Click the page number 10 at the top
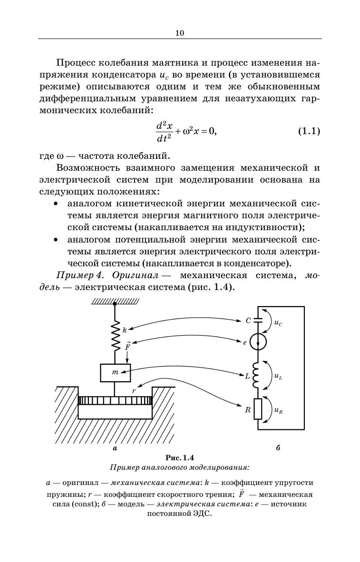179,33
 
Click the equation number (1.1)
309,131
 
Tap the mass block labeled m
115,372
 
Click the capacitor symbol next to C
258,320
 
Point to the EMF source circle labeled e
258,342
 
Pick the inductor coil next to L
257,375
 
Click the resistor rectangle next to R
258,408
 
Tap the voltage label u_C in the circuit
278,323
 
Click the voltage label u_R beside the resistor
278,410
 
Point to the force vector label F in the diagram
127,346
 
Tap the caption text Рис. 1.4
180,458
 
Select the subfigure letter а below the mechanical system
115,448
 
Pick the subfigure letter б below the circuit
277,448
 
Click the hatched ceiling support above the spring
115,300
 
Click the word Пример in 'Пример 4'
73,276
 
